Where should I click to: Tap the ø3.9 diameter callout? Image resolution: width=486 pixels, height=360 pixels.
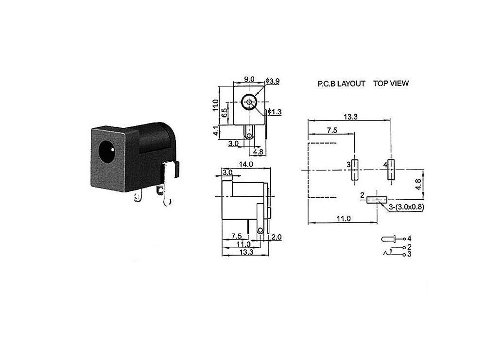(x=273, y=81)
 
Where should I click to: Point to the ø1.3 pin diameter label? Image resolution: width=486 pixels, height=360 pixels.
(x=275, y=112)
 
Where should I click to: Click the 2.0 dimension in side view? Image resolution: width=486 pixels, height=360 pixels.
(x=277, y=237)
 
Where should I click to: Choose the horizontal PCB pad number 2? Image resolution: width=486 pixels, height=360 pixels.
(x=376, y=199)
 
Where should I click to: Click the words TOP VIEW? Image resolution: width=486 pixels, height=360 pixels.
(x=391, y=83)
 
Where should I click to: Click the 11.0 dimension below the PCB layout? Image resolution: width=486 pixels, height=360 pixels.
(x=343, y=219)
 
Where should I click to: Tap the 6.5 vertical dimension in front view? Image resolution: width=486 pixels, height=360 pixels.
(x=224, y=114)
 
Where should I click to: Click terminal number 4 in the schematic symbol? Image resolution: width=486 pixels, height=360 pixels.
(x=410, y=239)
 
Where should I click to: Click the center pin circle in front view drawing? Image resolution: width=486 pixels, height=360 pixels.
(x=249, y=103)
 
